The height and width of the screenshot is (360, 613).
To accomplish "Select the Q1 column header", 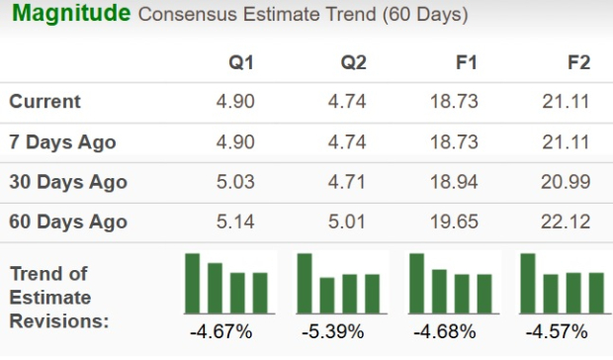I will [x=241, y=62].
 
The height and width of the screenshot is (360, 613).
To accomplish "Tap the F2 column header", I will [x=578, y=62].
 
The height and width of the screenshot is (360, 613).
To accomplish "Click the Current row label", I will [x=45, y=102].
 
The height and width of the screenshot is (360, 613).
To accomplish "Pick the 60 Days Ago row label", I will [x=68, y=223].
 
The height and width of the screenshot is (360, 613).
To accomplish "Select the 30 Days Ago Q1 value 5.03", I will [x=235, y=182].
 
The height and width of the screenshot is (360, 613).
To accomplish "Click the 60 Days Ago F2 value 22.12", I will [x=568, y=223].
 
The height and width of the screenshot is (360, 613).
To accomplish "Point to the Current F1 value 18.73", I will [x=456, y=102].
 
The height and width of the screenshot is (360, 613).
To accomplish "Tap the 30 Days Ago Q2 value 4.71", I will [x=347, y=182].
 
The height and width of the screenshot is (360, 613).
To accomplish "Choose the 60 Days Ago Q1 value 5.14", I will [x=235, y=223].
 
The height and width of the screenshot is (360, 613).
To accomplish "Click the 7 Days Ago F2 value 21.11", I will [x=568, y=142].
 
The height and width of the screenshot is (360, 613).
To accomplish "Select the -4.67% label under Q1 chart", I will [x=225, y=331].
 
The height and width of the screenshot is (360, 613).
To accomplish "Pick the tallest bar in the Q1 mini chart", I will [x=193, y=283].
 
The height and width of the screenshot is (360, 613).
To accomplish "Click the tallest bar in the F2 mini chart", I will [x=528, y=283].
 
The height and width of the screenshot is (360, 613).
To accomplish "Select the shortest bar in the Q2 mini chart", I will [x=327, y=295].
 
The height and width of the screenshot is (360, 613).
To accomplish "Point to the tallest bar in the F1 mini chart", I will [x=417, y=283].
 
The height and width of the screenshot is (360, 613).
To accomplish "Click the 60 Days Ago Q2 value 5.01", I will [x=347, y=223].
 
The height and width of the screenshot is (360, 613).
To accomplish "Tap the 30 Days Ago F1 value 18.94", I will [x=456, y=182].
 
